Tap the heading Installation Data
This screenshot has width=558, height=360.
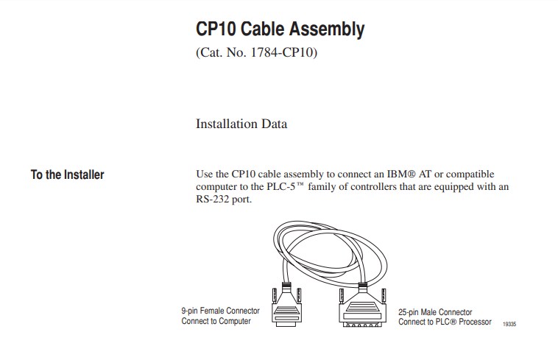tap(241, 124)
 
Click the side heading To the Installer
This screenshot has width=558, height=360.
tap(67, 175)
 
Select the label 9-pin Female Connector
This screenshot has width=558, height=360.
tap(220, 311)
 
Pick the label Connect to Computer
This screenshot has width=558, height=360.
tap(216, 321)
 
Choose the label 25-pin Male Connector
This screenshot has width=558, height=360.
tap(435, 312)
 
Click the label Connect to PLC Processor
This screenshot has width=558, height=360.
tap(445, 322)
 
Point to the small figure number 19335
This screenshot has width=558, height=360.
tap(509, 325)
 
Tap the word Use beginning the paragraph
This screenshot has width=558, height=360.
tap(205, 174)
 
